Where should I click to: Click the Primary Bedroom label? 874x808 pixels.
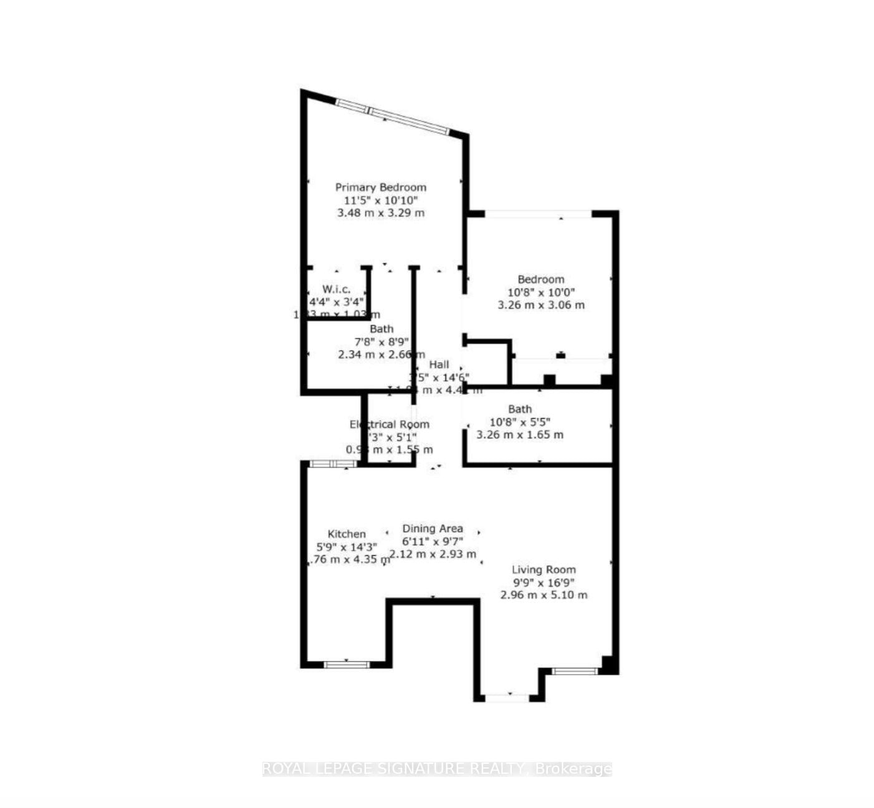coord(380,187)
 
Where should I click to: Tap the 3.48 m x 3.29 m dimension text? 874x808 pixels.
coord(380,212)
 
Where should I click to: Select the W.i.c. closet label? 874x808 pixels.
coord(336,289)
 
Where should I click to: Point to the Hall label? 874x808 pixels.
coord(438,364)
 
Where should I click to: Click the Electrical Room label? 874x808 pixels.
coord(389,424)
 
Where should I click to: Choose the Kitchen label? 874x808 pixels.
coord(347,534)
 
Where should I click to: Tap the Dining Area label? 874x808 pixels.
coord(432,528)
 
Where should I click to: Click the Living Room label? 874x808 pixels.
coord(544,569)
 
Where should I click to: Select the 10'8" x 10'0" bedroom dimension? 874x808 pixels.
coord(540,292)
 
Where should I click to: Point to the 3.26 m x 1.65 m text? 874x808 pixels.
coord(519,435)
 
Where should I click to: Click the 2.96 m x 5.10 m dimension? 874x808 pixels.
coord(544,595)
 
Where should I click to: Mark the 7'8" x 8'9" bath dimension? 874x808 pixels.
coord(382,341)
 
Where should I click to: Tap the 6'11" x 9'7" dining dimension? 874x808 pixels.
coord(432,541)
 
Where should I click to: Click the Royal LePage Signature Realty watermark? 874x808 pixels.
coord(436,769)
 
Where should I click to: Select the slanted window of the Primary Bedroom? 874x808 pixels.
coord(392,116)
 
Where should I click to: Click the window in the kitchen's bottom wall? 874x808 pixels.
coord(347,664)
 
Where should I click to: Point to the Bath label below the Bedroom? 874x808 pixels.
coord(519,409)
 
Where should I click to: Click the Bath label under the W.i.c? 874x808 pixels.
coord(382,329)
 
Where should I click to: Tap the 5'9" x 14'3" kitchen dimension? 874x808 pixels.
coord(347,547)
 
